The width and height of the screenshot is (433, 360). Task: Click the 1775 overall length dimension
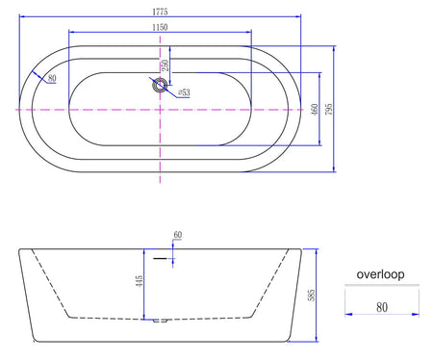pos(160,12)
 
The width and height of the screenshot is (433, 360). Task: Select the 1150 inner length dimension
pos(160,27)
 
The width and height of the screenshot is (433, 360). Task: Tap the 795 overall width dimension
pos(329,109)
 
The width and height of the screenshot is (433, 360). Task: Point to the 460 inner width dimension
pos(315,109)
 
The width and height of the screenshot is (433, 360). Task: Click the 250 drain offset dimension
pos(166,65)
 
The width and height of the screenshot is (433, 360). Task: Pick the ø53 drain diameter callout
pos(184,92)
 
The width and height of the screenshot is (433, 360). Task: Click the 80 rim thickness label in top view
pos(52,78)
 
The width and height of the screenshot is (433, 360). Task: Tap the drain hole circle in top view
pos(160,86)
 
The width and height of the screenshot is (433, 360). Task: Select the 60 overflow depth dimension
pos(178,235)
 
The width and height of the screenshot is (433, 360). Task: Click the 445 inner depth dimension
pos(140,281)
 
